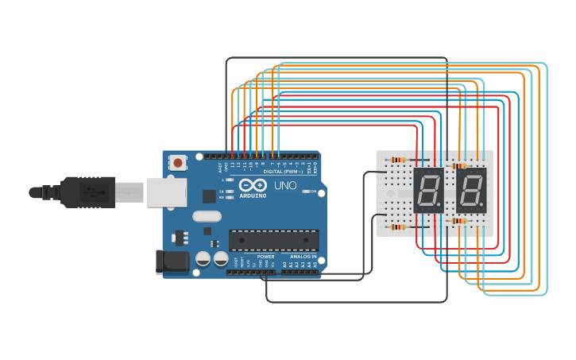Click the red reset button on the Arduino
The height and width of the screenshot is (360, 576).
click(x=177, y=163)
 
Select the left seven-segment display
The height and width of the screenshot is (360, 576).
click(x=428, y=190)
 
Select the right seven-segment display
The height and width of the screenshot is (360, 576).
click(x=471, y=190)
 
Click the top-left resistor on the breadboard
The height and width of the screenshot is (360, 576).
click(x=398, y=160)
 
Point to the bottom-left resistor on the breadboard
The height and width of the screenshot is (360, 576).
click(x=398, y=226)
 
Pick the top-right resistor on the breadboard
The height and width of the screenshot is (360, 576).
click(x=458, y=166)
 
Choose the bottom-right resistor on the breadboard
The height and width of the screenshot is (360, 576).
click(x=458, y=220)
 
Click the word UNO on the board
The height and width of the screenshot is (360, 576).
click(x=285, y=186)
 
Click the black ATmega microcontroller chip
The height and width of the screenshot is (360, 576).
click(x=273, y=240)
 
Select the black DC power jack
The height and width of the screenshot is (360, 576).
click(x=173, y=261)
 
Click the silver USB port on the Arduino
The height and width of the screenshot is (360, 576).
click(x=167, y=192)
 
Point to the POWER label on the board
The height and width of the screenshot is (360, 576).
click(x=265, y=257)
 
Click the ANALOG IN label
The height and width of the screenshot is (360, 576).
click(x=302, y=257)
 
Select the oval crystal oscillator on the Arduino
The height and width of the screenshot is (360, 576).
click(x=207, y=216)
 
